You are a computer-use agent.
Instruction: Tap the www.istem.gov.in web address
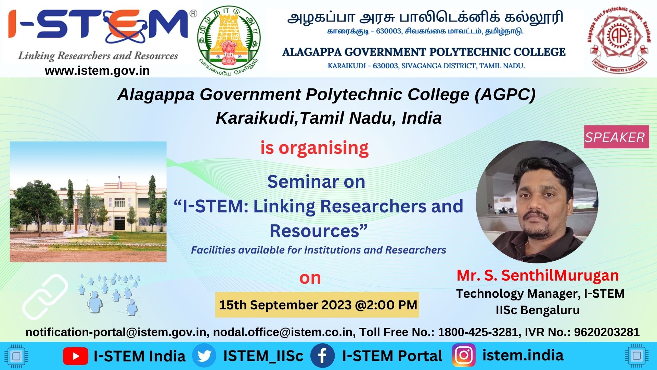[x=97, y=71]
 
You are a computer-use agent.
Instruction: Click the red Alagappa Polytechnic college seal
[x=619, y=38]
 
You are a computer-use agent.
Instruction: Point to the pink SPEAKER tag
[x=616, y=137]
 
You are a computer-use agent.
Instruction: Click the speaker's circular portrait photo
[x=537, y=202]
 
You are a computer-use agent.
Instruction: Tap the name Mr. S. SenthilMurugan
[x=538, y=275]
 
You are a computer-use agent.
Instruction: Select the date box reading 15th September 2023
[x=317, y=305]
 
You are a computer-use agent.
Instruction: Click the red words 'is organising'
[x=314, y=148]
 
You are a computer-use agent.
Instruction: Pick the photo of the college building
[x=88, y=202]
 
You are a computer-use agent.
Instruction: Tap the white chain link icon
[x=45, y=297]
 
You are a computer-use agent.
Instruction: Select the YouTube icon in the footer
[x=76, y=356]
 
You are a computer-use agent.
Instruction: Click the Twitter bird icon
[x=204, y=356]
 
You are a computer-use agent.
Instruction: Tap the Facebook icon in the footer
[x=322, y=356]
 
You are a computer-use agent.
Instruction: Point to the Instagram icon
[x=464, y=356]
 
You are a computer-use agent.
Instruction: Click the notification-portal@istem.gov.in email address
[x=116, y=332]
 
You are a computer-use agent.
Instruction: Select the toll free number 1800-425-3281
[x=478, y=332]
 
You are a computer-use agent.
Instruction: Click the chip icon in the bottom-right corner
[x=637, y=356]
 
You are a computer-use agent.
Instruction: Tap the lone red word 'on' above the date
[x=310, y=278]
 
